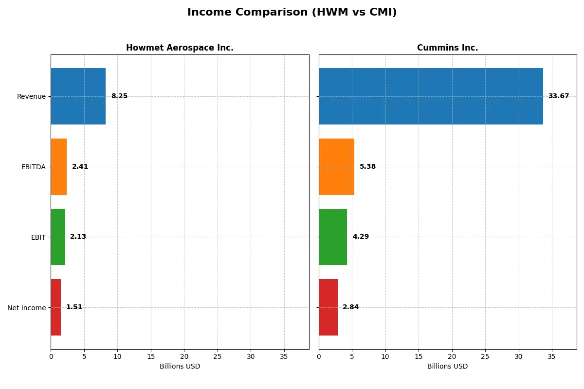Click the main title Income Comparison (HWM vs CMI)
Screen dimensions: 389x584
292,13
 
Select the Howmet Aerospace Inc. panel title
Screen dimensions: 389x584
180,48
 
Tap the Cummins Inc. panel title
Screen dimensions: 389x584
447,48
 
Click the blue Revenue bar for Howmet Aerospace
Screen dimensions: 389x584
78,96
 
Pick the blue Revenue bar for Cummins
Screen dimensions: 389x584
431,96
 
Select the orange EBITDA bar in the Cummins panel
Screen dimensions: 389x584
336,167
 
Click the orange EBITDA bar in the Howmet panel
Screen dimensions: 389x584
58,167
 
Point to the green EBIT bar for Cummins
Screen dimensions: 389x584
333,237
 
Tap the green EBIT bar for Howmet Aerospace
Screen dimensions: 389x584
58,237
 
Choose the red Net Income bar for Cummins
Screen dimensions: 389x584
328,307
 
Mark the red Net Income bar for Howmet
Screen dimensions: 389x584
55,307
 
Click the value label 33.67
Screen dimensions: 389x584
558,96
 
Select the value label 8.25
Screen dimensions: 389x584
119,96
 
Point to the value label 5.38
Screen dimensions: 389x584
367,167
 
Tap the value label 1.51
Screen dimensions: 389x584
74,307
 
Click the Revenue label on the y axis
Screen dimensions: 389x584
31,96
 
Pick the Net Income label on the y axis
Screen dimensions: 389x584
26,307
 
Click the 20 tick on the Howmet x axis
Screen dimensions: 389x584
184,356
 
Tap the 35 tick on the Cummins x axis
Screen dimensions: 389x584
551,356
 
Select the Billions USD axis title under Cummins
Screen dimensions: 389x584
447,367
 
